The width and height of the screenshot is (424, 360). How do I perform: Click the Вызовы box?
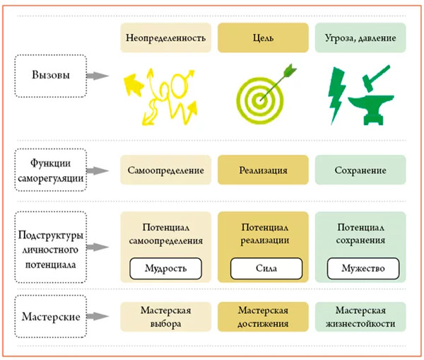[x=50, y=76]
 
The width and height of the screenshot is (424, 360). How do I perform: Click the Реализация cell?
[x=264, y=171]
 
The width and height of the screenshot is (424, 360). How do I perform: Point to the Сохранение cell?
[x=360, y=171]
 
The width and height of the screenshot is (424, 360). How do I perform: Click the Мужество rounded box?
[x=360, y=269]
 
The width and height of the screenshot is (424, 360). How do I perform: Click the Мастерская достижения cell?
[x=264, y=317]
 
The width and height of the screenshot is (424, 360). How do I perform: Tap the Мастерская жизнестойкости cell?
[x=360, y=317]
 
